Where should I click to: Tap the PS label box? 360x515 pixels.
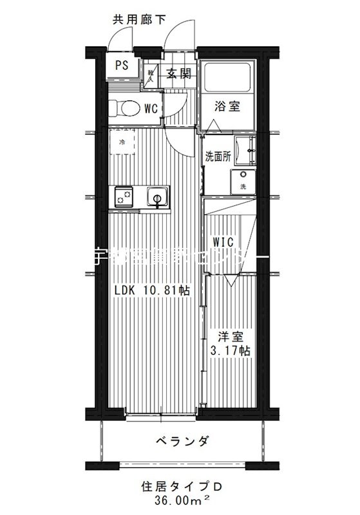[122, 65]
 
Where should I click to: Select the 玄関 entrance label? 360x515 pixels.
[179, 73]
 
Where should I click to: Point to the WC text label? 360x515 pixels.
[151, 108]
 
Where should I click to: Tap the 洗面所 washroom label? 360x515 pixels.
[218, 156]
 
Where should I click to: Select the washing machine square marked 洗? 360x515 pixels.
[243, 181]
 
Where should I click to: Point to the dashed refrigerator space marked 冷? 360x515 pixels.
[121, 142]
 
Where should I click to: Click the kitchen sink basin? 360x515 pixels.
[156, 195]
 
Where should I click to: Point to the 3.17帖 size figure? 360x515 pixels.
[231, 351]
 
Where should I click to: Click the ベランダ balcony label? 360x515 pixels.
[182, 441]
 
